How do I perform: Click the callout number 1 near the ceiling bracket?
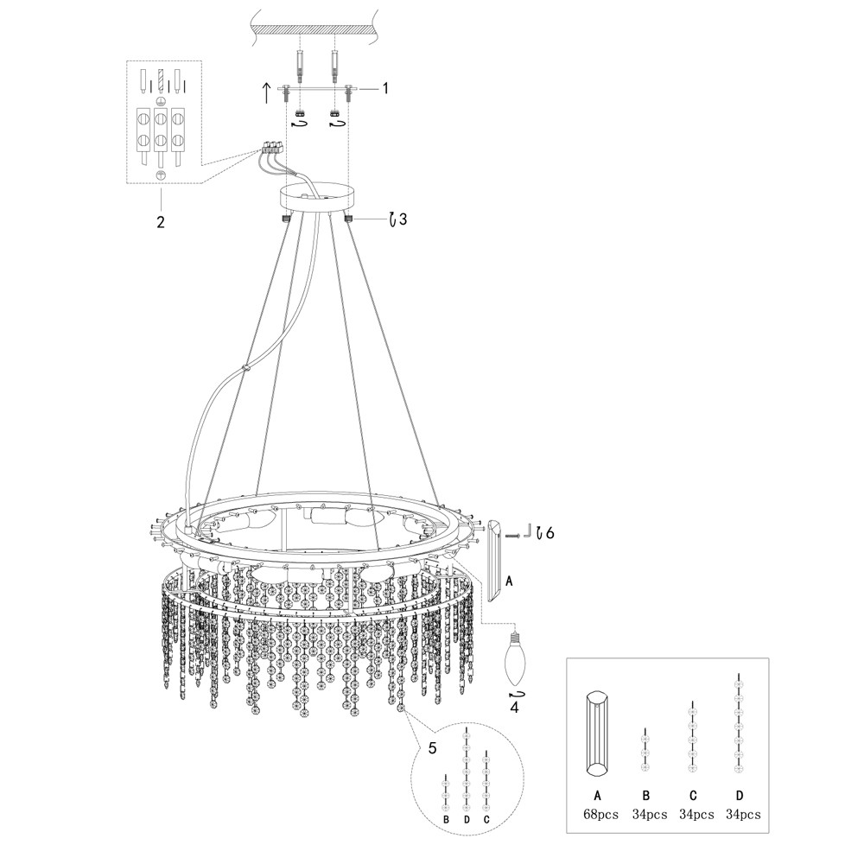(x=385, y=88)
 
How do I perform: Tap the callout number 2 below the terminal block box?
(x=161, y=221)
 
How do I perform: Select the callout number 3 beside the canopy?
(x=403, y=219)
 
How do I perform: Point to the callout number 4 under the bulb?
(x=514, y=707)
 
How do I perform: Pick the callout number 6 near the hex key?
(x=550, y=533)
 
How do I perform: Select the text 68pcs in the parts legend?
(x=600, y=814)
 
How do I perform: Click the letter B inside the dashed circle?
(x=446, y=818)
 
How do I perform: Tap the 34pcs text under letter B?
(x=649, y=814)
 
